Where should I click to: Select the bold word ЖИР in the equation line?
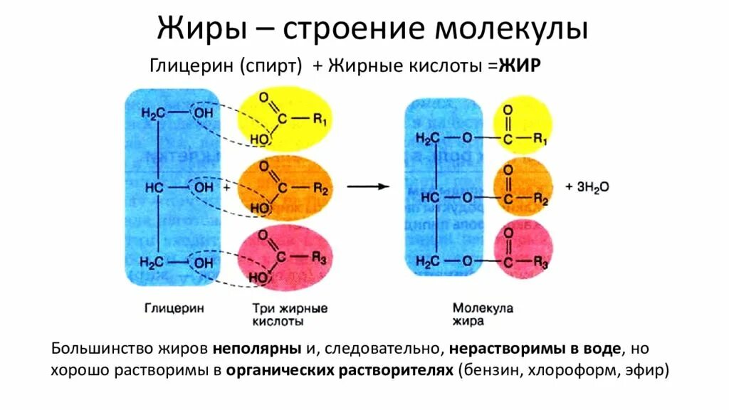click(x=521, y=65)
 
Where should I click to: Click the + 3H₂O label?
click(x=587, y=186)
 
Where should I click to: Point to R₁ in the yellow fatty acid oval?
click(x=320, y=120)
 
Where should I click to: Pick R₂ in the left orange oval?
click(x=320, y=190)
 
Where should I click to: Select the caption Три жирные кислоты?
click(x=289, y=315)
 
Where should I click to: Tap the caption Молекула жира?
click(x=483, y=315)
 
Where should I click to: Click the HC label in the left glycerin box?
click(x=154, y=188)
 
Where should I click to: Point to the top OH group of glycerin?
click(x=203, y=113)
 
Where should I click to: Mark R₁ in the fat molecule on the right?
click(x=539, y=139)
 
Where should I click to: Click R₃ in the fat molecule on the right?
click(x=539, y=264)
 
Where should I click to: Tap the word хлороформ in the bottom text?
click(x=585, y=371)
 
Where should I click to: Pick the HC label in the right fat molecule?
click(x=429, y=197)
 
